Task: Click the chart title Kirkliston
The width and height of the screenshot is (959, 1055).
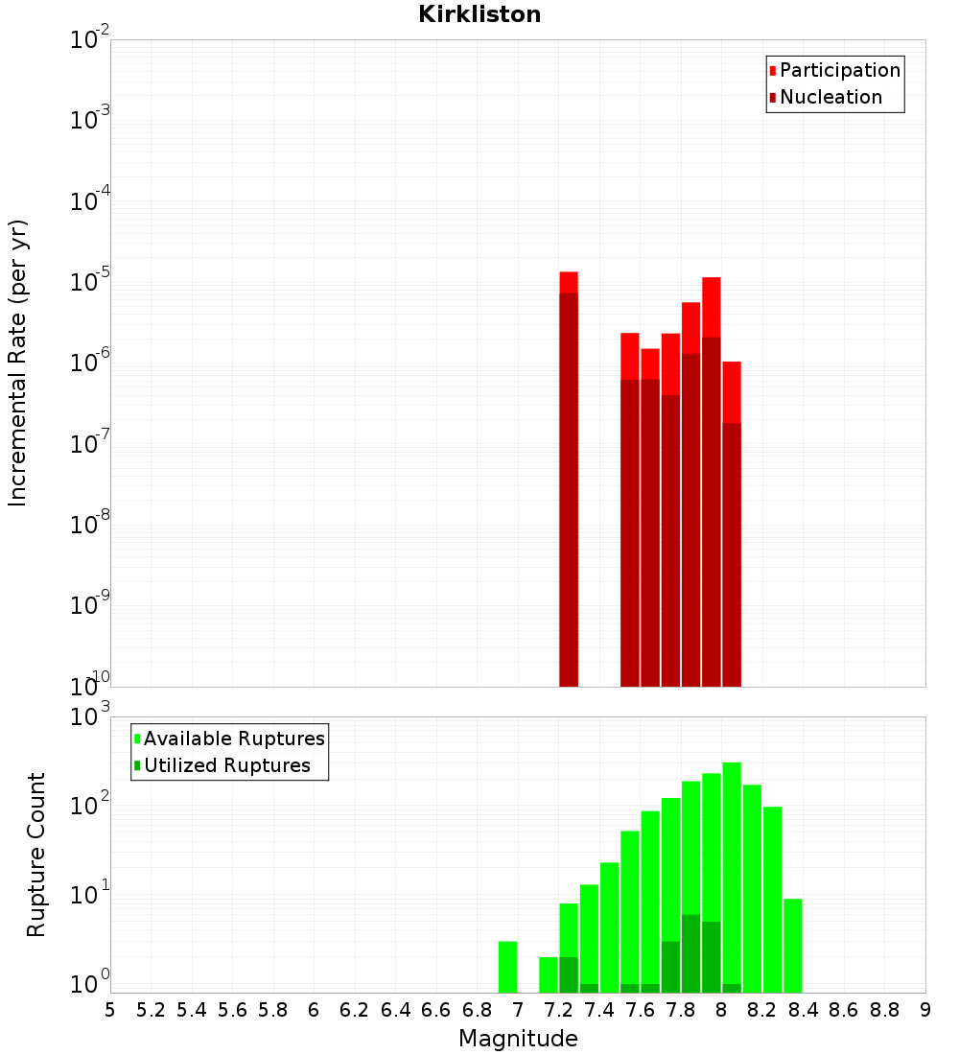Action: click(x=479, y=14)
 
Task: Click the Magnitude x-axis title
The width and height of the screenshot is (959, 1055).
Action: click(x=518, y=1039)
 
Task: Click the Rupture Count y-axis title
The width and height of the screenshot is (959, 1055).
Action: click(x=36, y=854)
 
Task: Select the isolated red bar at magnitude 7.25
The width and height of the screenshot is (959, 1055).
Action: click(x=569, y=480)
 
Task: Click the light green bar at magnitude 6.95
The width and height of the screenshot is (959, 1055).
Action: click(x=507, y=967)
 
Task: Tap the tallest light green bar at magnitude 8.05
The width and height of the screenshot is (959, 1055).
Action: click(x=732, y=873)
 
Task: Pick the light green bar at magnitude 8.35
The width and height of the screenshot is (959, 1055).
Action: click(x=793, y=945)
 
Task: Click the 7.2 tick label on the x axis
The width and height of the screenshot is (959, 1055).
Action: click(x=558, y=1010)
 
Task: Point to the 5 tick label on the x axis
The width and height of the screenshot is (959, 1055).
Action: click(x=110, y=1010)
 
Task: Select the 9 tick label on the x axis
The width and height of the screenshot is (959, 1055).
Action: click(x=925, y=1010)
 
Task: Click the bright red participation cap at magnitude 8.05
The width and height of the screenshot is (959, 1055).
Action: click(x=732, y=391)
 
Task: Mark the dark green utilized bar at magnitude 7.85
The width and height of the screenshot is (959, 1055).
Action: click(x=690, y=953)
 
